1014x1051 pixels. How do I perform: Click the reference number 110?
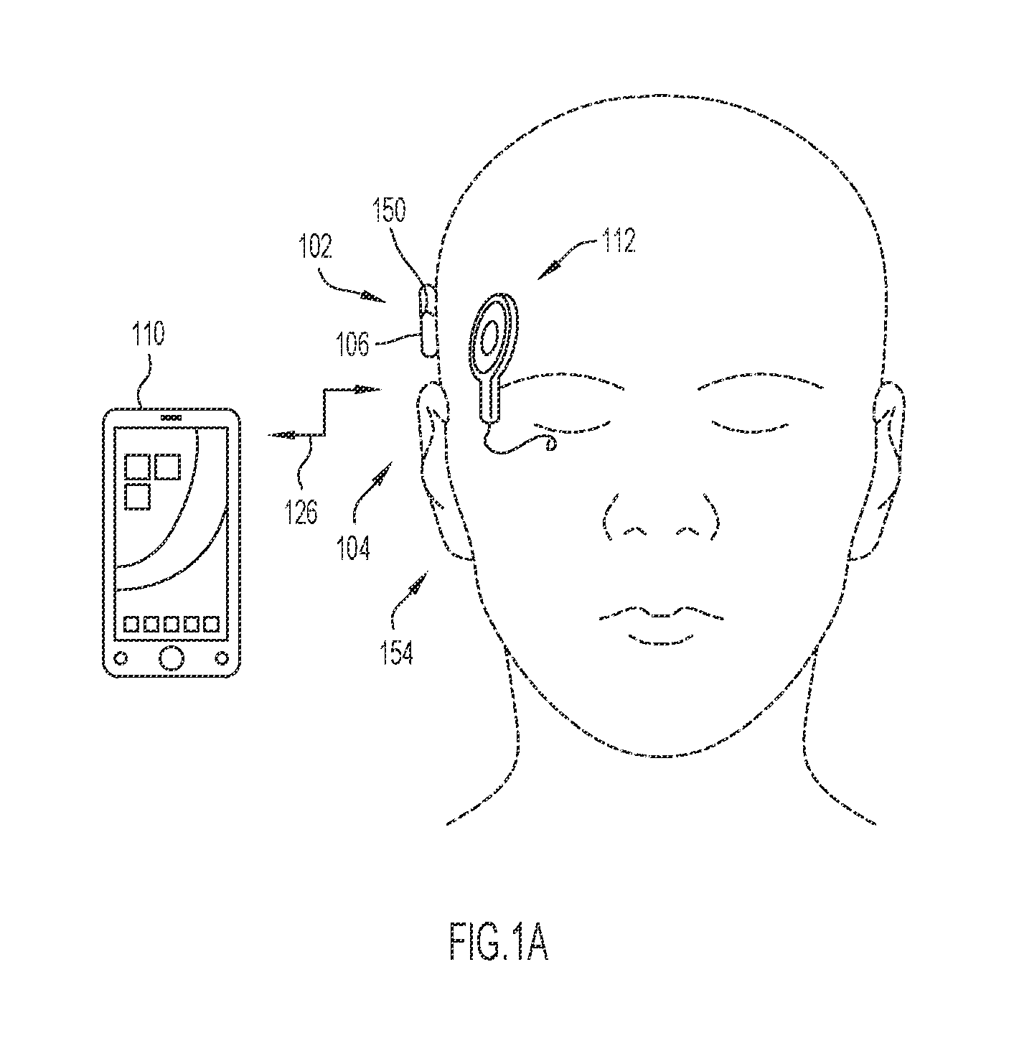point(149,333)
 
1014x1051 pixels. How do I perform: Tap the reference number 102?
point(316,247)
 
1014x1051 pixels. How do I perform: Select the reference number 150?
point(389,210)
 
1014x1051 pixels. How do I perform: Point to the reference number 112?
point(619,241)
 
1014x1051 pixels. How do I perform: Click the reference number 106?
point(352,344)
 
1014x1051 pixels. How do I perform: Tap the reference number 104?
point(354,548)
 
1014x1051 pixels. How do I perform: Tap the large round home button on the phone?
point(172,658)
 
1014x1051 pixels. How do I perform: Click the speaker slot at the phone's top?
point(172,418)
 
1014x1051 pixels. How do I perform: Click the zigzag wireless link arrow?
point(324,411)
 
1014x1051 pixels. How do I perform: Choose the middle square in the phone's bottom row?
point(172,625)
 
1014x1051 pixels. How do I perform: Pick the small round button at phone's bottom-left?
point(122,658)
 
